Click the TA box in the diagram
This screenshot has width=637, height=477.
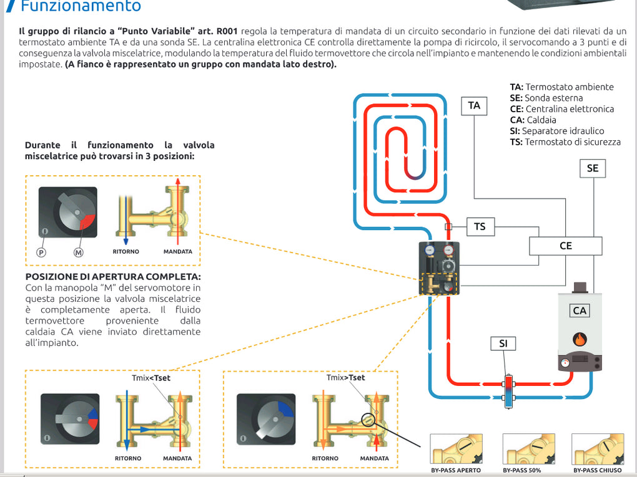click(x=474, y=105)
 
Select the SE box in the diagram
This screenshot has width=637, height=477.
click(x=592, y=168)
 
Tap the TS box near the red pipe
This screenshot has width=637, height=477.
click(x=480, y=226)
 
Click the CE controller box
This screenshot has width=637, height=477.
click(x=566, y=246)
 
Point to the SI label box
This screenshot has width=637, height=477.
click(x=503, y=344)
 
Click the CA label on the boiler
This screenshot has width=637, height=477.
click(x=580, y=311)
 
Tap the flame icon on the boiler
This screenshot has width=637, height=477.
click(x=580, y=340)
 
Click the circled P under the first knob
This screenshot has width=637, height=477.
click(x=42, y=253)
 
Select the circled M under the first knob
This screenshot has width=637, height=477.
click(x=79, y=253)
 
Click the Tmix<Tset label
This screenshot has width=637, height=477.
click(x=151, y=378)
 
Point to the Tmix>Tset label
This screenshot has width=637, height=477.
click(x=345, y=378)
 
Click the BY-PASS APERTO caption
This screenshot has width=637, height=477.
click(x=456, y=470)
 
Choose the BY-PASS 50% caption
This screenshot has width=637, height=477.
click(x=526, y=470)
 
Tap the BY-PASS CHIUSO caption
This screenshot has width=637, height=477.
click(x=598, y=470)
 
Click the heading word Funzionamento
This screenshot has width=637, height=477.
click(x=81, y=7)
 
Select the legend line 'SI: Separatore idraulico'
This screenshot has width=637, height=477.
click(x=557, y=131)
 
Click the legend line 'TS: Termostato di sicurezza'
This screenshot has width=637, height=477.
click(x=565, y=142)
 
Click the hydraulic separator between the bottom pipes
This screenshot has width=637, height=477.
click(x=508, y=390)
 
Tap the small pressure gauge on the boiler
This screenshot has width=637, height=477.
click(x=566, y=363)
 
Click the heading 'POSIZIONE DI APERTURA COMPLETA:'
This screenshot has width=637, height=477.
click(x=113, y=276)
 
